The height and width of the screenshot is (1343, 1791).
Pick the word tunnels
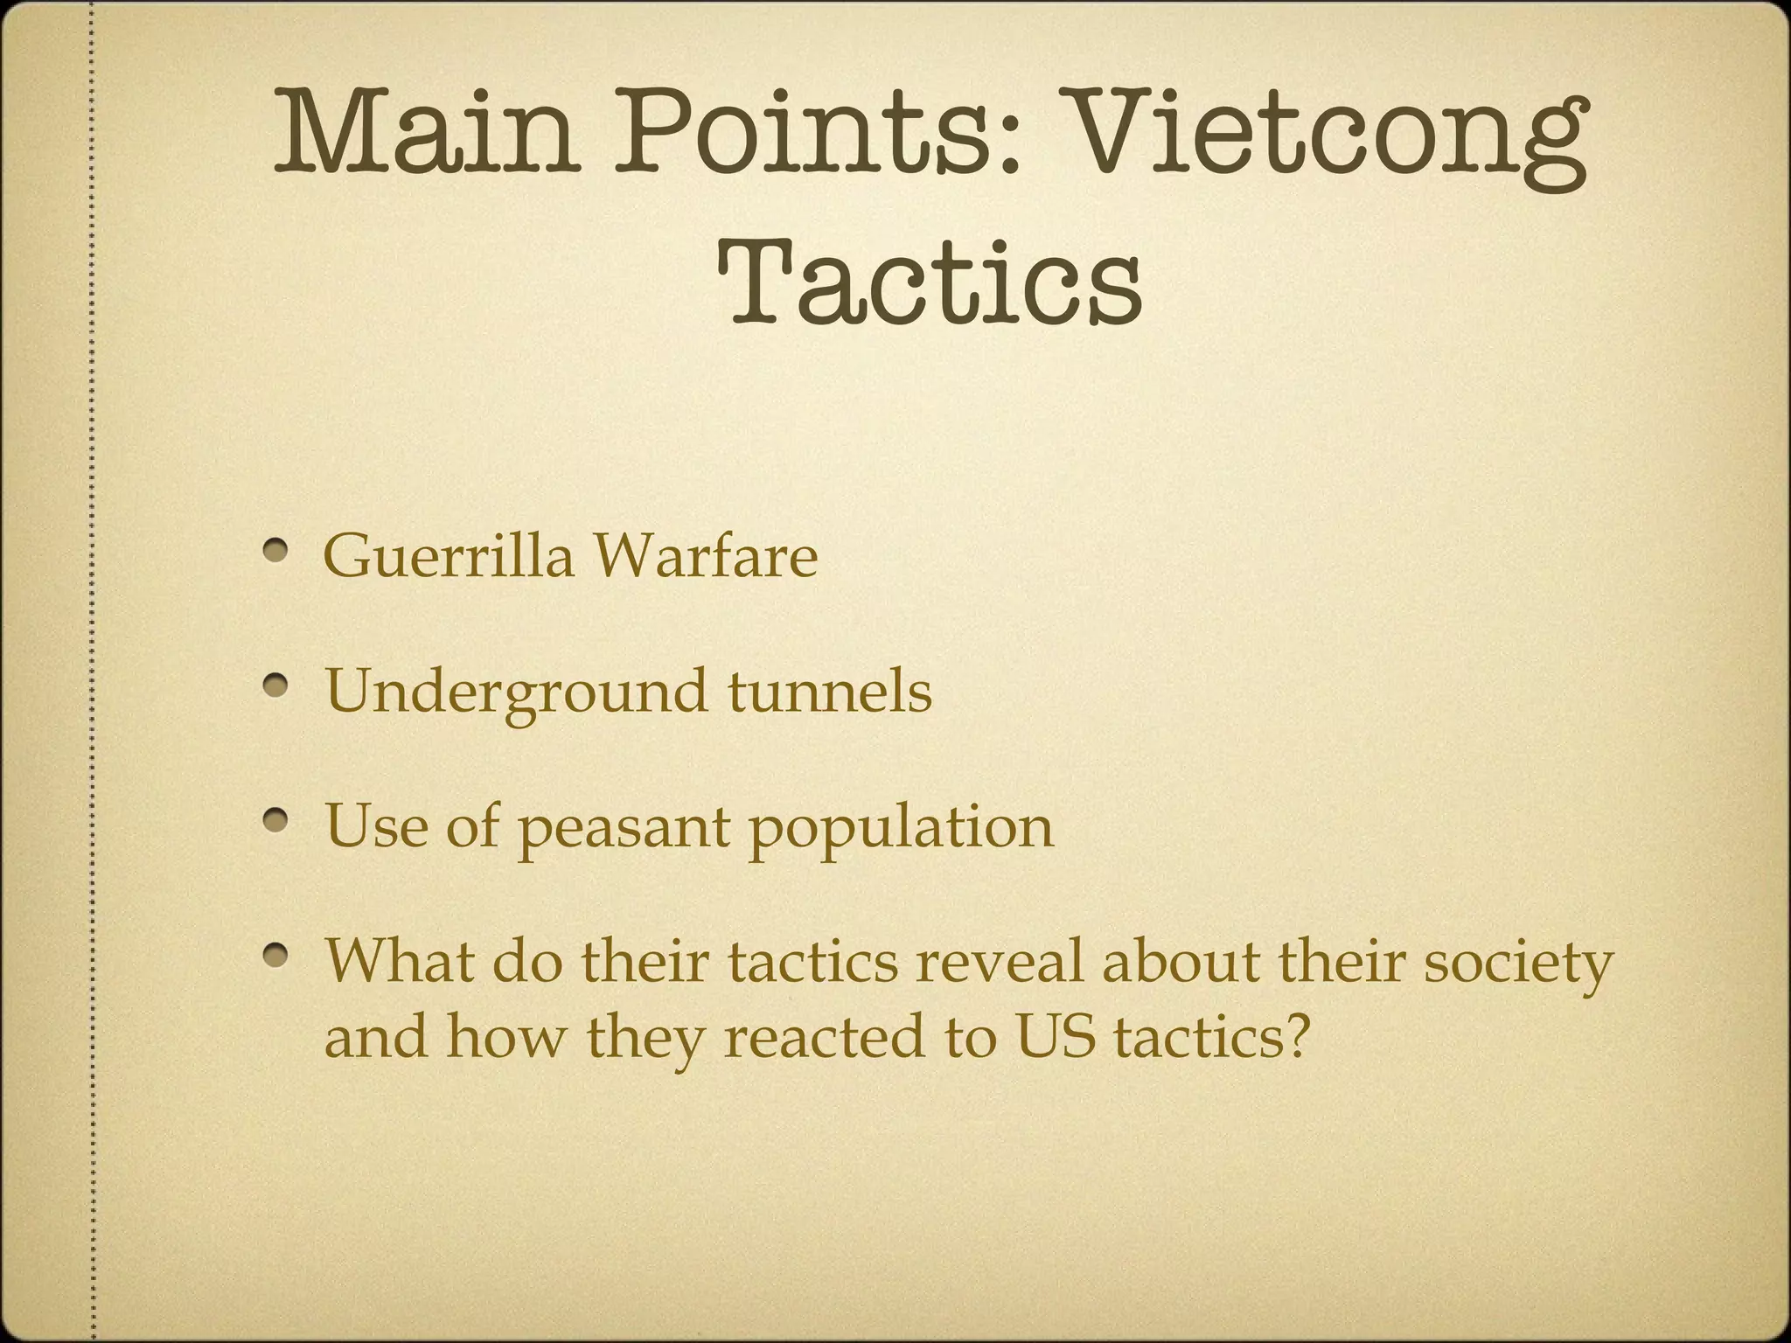(x=830, y=691)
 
